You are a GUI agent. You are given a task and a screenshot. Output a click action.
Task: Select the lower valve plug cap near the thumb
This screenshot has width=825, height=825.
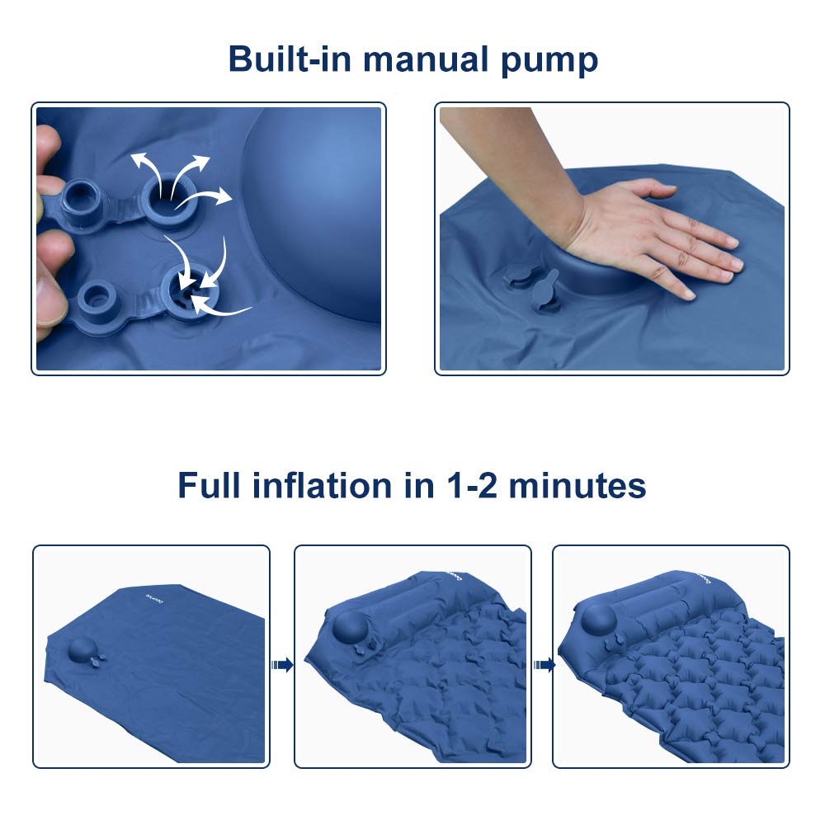point(98,295)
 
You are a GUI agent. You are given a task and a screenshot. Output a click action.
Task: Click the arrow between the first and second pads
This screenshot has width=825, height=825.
point(282,665)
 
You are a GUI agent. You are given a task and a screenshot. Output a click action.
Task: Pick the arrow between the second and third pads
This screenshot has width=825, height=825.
point(542,665)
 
